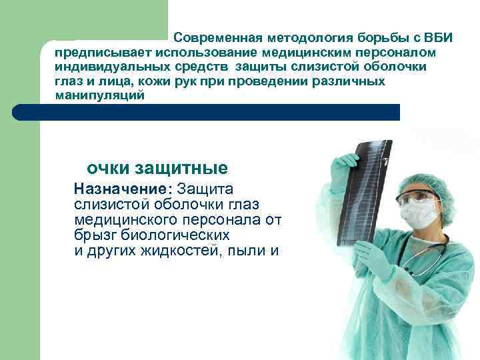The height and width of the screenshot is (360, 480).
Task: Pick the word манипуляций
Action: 100,96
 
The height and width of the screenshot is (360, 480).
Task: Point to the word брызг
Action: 93,235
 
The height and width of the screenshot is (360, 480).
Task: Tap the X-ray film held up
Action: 363,193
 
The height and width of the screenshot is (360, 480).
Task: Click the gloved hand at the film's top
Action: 347,163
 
